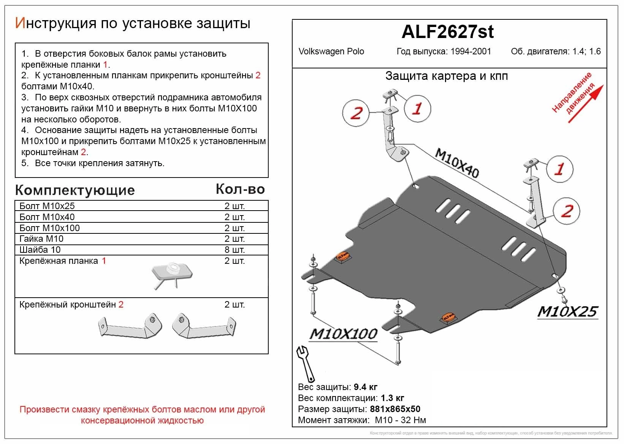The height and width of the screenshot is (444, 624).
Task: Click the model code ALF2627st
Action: tap(448, 32)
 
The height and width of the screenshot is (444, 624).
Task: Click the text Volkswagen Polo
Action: tap(331, 51)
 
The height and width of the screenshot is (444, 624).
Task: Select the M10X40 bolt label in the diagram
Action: tap(456, 163)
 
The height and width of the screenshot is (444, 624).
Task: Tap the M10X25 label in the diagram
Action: tap(567, 312)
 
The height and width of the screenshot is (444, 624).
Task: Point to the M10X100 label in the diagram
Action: tap(343, 334)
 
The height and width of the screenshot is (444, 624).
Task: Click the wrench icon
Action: tap(306, 363)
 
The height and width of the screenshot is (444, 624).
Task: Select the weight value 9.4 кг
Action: tap(365, 387)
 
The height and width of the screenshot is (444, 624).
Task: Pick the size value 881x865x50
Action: tap(395, 409)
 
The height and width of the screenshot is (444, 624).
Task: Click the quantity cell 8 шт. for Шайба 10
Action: tap(234, 250)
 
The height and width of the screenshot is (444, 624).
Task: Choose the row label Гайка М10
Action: tap(41, 239)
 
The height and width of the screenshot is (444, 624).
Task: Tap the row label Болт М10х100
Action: tap(49, 228)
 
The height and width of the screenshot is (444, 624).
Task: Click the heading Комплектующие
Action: tap(75, 190)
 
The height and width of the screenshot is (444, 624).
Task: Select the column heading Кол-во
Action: tap(240, 189)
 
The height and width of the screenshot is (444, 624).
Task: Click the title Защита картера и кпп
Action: tap(446, 76)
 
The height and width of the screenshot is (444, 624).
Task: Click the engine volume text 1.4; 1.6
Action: tap(587, 51)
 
